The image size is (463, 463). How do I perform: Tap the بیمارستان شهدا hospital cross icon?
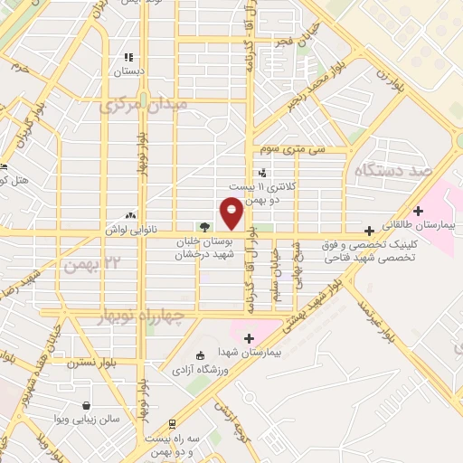(x=250, y=337)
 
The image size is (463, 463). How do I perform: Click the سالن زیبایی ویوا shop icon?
(x=86, y=405)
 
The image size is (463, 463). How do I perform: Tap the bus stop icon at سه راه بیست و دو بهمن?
(x=172, y=423)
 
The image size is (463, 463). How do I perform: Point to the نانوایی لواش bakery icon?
(x=131, y=215)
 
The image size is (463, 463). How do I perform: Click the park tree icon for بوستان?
(x=205, y=227)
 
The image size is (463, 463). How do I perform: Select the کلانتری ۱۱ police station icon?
(x=262, y=172)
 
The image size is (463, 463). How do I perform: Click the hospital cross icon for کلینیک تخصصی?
(x=369, y=231)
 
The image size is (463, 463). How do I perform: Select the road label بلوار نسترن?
(x=88, y=364)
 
